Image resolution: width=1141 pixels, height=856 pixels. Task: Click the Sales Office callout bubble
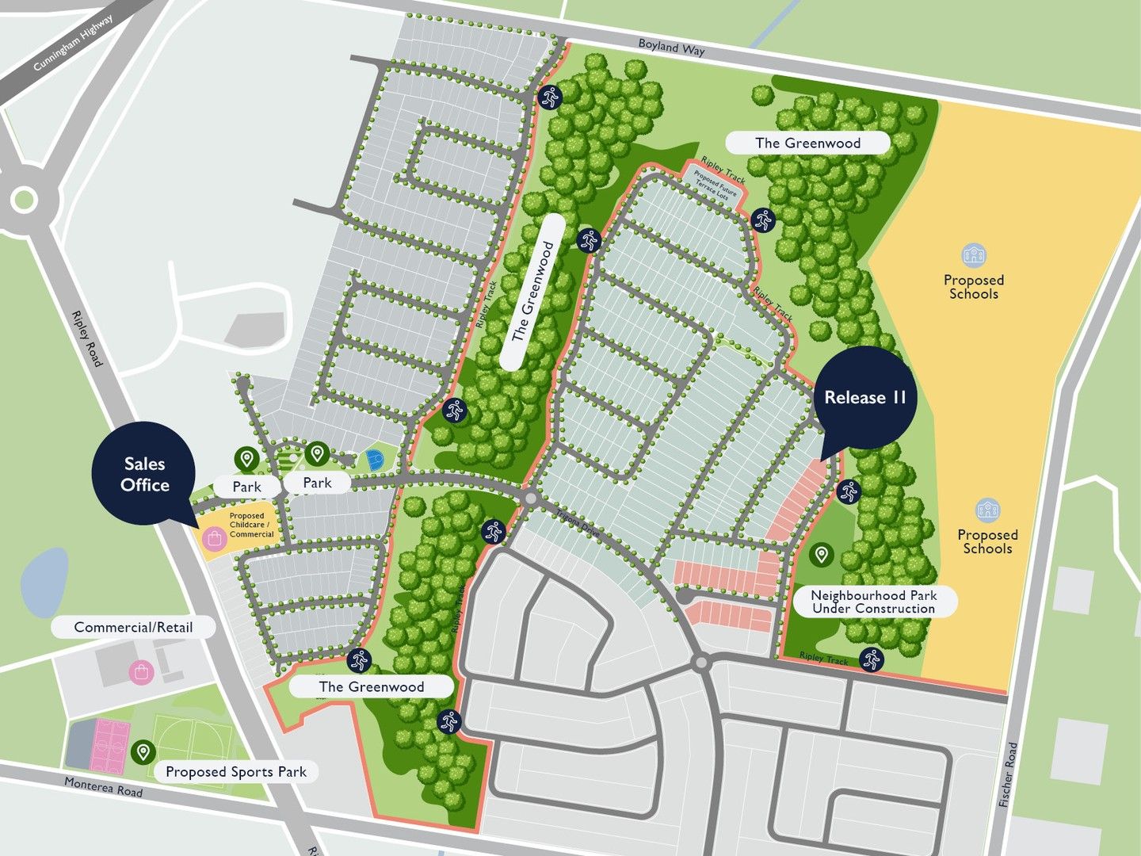pos(144,474)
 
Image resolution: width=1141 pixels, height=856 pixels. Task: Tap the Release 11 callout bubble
pos(864,397)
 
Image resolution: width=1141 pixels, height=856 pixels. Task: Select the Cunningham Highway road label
pos(73,44)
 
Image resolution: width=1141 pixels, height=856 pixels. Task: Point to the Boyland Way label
pos(671,48)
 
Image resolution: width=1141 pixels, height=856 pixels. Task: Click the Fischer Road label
pos(1008,774)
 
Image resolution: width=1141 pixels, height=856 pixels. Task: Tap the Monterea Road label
pos(103,787)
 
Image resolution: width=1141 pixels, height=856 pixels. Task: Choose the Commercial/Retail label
pos(133,627)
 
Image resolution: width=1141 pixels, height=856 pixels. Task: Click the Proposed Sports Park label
pos(235,772)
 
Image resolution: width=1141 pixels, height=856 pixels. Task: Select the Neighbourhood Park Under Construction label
pos(873,602)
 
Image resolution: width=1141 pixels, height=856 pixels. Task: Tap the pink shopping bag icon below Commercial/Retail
pos(141,673)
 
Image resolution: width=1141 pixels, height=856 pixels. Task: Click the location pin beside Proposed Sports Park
pos(143,751)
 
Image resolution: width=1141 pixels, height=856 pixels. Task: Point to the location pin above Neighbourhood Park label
pos(822,555)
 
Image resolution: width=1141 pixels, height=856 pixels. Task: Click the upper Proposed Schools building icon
pos(973,255)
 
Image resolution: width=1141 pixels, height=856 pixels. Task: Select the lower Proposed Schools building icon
pos(987,510)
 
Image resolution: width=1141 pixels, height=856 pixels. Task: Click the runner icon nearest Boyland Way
pos(549,97)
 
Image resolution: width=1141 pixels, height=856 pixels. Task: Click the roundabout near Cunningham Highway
pos(23,199)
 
